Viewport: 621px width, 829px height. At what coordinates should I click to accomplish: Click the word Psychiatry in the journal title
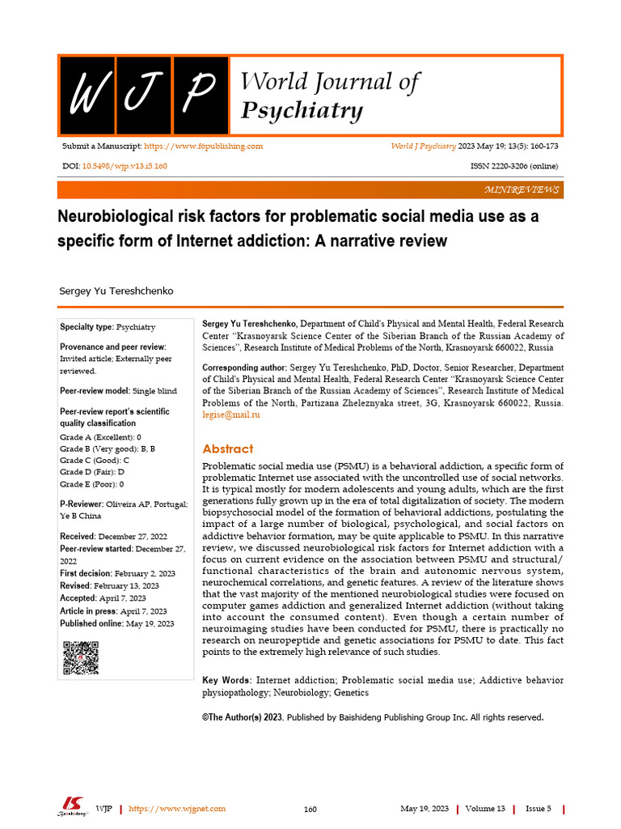(x=302, y=110)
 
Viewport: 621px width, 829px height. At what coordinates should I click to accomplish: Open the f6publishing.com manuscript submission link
(x=203, y=147)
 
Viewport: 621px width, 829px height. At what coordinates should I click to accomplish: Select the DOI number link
(x=125, y=166)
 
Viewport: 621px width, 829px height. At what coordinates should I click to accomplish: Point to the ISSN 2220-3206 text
(x=513, y=166)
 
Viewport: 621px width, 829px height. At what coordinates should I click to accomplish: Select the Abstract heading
(x=227, y=449)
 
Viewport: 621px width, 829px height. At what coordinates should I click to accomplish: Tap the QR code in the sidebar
(x=81, y=657)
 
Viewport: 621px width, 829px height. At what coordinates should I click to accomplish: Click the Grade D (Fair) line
(x=92, y=471)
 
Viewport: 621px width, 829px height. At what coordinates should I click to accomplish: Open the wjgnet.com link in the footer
(x=177, y=809)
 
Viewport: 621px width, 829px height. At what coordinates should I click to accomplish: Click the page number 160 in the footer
(x=310, y=809)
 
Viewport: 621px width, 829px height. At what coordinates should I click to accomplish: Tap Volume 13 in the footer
(x=485, y=809)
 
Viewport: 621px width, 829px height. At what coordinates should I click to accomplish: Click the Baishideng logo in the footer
(x=72, y=807)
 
